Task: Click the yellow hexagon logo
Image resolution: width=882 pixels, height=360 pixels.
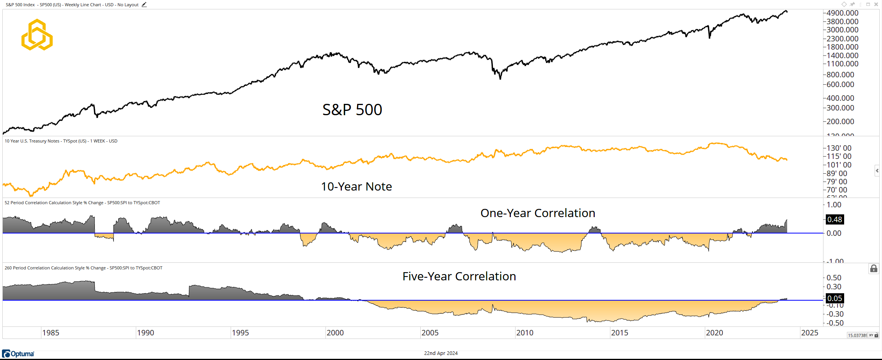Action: point(37,35)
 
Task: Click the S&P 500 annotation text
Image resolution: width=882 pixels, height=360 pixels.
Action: point(352,110)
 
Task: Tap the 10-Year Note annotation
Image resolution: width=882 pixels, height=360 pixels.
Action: point(356,187)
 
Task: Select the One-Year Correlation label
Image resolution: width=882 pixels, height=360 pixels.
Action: point(537,213)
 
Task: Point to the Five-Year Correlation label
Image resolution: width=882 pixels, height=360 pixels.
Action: point(459,276)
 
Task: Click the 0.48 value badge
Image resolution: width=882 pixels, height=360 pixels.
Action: point(834,219)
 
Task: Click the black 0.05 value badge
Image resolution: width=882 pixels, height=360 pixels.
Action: point(834,298)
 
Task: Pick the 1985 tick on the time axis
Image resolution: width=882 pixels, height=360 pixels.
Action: point(51,333)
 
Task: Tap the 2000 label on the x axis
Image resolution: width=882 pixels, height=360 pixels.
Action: point(335,333)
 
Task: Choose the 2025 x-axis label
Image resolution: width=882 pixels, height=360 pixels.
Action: point(809,333)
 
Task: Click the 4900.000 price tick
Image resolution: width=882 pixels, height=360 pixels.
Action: point(842,13)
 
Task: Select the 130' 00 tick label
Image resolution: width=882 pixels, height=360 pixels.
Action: point(839,148)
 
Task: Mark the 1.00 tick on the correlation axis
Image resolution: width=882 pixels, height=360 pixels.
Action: point(834,205)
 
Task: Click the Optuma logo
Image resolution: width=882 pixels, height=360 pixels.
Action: point(18,354)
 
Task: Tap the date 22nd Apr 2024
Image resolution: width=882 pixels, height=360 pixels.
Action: point(441,353)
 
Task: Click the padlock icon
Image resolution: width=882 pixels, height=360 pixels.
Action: point(873,269)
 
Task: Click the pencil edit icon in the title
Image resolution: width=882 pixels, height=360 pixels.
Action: point(144,5)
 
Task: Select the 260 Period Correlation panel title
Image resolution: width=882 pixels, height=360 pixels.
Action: point(83,268)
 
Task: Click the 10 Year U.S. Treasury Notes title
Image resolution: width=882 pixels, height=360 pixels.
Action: point(61,141)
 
